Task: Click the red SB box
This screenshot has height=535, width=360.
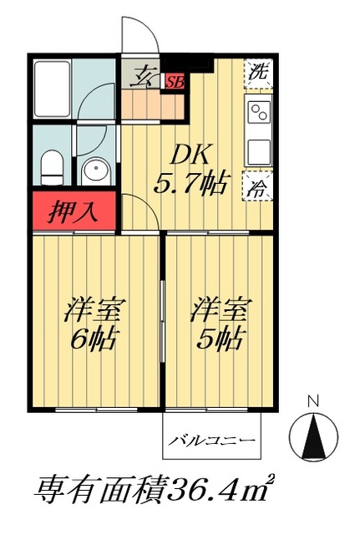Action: (175, 82)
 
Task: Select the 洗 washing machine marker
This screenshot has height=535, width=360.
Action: (258, 73)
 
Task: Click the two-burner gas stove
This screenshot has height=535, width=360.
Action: (258, 113)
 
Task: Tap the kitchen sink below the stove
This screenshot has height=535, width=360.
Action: (258, 150)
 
